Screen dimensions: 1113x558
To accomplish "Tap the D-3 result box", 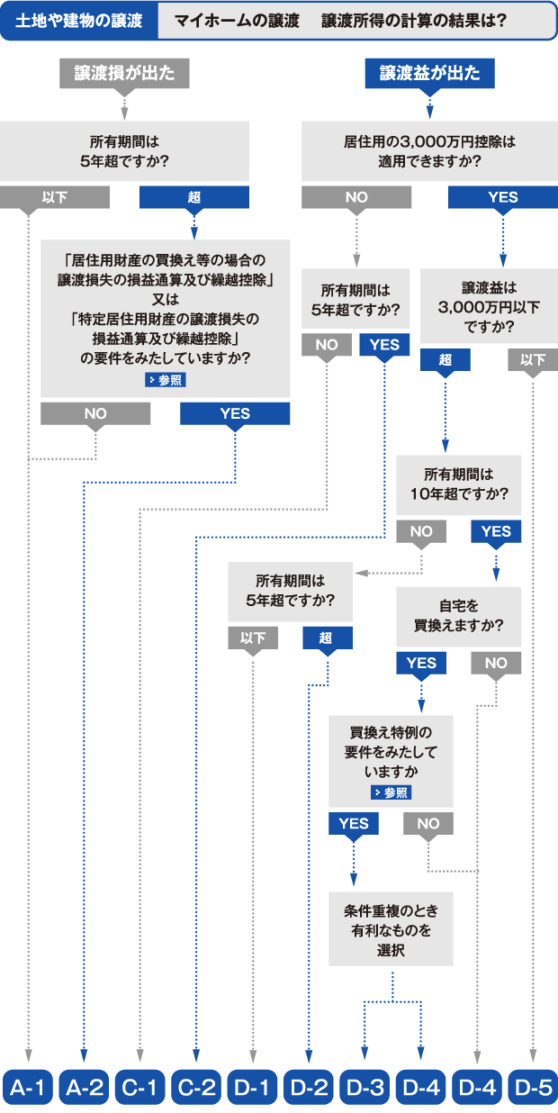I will [x=364, y=1087].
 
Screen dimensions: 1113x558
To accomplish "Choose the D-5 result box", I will [x=533, y=1087].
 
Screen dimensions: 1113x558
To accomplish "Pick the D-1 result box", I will [x=252, y=1087].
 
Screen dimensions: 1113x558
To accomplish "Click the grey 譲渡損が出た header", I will [x=124, y=74].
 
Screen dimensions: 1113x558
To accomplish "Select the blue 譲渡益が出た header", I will [x=429, y=74].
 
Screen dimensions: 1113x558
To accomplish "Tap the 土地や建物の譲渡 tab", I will [x=79, y=21].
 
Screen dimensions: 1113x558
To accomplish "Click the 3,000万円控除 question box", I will [x=428, y=152].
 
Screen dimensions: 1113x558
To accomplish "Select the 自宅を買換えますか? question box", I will [x=459, y=616].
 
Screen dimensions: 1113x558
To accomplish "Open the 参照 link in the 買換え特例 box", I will [x=391, y=792].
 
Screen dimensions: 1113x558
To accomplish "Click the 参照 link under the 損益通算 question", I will [x=166, y=380].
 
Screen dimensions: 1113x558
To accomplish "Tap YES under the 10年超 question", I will [x=496, y=531].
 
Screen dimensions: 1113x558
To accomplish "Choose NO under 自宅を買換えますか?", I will [x=496, y=663].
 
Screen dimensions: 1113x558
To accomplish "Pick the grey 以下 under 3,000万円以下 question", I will [x=533, y=359].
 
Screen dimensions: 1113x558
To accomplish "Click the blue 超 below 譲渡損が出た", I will [x=194, y=197].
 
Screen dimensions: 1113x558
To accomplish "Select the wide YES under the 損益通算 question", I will [x=235, y=413].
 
